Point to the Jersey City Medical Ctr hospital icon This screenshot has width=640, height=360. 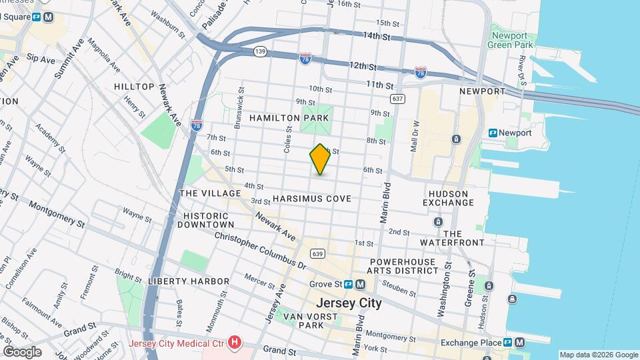click(234, 343)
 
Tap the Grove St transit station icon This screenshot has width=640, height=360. click(360, 285)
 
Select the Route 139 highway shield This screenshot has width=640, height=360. click(261, 51)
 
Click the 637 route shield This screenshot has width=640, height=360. click(398, 99)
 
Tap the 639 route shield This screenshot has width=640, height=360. click(318, 253)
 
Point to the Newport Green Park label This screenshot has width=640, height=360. click(513, 41)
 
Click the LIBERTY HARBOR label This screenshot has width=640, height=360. click(189, 281)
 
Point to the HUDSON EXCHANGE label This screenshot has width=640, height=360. click(448, 198)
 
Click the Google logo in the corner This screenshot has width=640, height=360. click(22, 351)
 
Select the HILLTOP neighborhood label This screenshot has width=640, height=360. click(134, 87)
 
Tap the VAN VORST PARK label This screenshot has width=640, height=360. click(303, 320)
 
